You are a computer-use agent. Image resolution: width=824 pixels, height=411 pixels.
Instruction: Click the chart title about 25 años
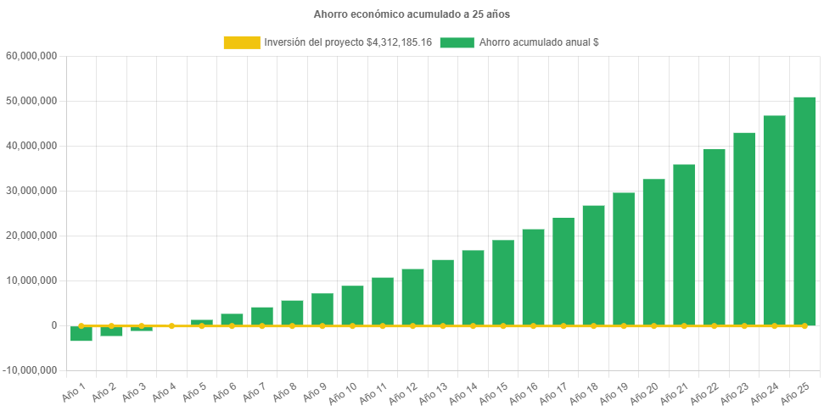(412, 14)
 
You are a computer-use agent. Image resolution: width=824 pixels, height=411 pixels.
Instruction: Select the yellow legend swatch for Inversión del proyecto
(241, 42)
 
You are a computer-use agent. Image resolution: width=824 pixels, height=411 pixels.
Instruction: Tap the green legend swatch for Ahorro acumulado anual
(457, 42)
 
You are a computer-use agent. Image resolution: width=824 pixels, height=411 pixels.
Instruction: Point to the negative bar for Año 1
(81, 334)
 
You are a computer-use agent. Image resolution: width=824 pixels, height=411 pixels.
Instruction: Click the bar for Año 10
(352, 305)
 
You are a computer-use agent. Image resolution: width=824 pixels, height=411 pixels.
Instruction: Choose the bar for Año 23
(744, 228)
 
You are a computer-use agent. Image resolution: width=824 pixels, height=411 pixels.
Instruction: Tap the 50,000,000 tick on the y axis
(32, 101)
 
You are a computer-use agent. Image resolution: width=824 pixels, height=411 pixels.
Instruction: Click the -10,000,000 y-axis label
(31, 370)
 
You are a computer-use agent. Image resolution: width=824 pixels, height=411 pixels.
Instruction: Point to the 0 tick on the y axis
(53, 325)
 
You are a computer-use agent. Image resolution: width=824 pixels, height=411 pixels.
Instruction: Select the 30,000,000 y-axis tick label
(32, 191)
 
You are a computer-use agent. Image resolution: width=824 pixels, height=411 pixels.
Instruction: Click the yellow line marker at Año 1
(81, 325)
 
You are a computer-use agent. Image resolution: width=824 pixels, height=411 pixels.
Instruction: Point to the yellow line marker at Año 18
(593, 325)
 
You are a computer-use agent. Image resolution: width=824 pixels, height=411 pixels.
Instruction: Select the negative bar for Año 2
(111, 331)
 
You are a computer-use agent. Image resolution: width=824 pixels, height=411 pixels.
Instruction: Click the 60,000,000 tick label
(32, 56)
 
